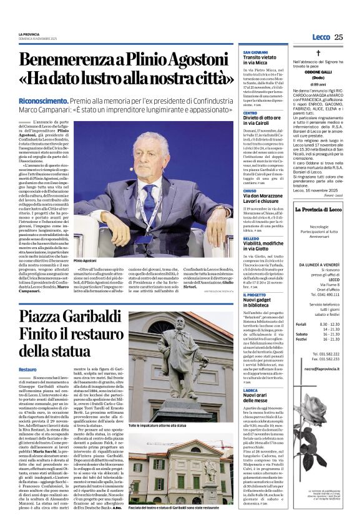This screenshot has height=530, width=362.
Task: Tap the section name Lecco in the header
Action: tap(320, 37)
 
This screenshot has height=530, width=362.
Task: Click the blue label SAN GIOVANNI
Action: tap(256, 52)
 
